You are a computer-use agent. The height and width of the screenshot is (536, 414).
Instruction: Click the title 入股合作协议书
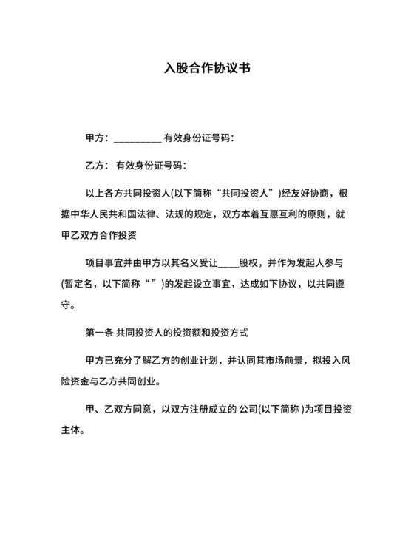[207, 69]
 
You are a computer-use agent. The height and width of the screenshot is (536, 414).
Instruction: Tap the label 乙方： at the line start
[98, 165]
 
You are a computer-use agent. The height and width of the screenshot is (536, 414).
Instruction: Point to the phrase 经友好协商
[305, 194]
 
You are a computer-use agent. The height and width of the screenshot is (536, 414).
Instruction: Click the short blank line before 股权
[229, 262]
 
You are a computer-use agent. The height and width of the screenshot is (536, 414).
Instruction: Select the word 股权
[249, 262]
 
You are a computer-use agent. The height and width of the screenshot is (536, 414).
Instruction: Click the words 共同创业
[140, 381]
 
